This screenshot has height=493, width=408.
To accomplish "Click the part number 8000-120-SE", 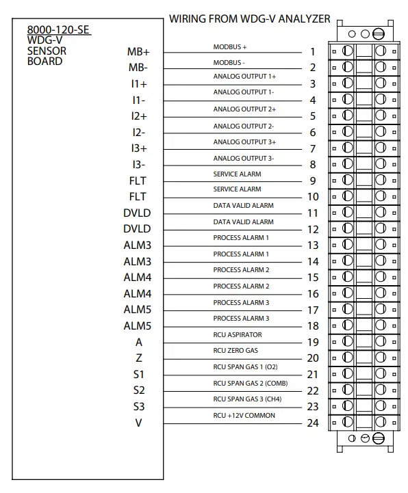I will (x=59, y=30).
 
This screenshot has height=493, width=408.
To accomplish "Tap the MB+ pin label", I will (x=138, y=51).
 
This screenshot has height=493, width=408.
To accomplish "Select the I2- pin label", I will (x=139, y=132).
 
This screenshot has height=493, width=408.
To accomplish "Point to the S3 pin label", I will (x=139, y=406).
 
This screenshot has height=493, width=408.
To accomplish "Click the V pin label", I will (x=139, y=423).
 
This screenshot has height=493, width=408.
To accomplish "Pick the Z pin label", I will (x=139, y=358).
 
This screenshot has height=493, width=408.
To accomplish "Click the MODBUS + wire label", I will (x=230, y=47).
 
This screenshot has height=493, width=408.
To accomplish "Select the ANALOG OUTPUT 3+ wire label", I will (x=244, y=142).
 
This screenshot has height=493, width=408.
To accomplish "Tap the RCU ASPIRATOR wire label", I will (x=238, y=335).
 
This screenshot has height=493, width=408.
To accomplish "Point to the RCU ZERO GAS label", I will (x=236, y=350).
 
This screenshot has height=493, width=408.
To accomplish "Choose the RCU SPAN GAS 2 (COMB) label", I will (x=250, y=383).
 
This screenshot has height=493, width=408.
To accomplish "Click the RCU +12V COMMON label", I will (x=244, y=415).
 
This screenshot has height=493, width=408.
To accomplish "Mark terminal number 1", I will (x=313, y=51).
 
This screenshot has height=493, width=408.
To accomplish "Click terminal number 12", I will (x=313, y=229).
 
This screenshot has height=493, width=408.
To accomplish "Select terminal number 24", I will (x=313, y=423).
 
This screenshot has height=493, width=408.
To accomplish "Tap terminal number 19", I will (x=313, y=342).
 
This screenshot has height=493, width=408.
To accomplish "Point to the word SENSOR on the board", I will (x=47, y=51).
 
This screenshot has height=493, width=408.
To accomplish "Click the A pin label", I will (x=139, y=342).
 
